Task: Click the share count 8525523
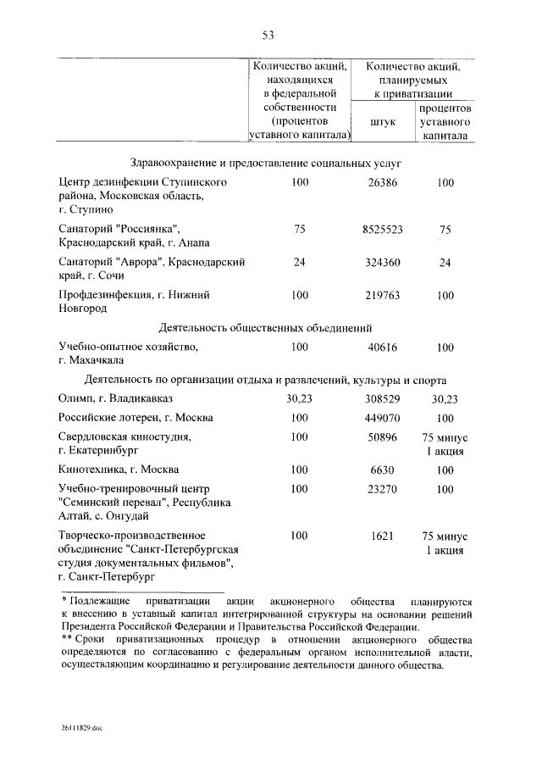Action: click(382, 230)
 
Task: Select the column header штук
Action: click(383, 122)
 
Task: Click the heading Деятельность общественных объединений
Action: click(266, 328)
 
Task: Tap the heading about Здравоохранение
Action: click(266, 161)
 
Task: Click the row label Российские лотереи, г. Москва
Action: click(135, 418)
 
